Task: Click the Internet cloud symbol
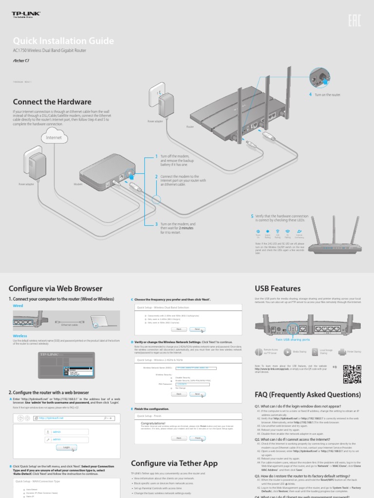[x=55, y=138]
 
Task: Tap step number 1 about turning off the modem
[x=156, y=156]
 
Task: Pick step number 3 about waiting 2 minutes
[x=156, y=224]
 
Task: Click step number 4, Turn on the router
[x=310, y=94]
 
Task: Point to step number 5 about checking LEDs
[x=252, y=215]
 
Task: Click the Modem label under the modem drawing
[x=78, y=185]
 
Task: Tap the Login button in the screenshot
[x=66, y=447]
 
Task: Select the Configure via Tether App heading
[x=174, y=463]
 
